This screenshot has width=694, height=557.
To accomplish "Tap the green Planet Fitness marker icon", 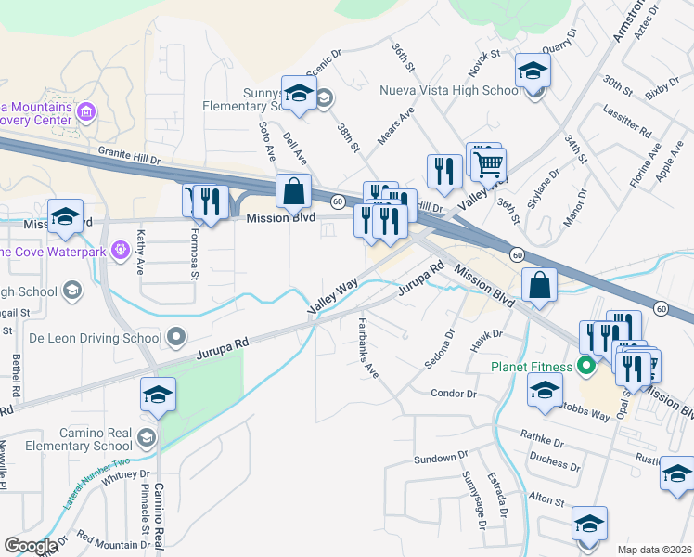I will click(585, 366).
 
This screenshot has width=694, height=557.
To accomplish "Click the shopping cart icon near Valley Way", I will click(488, 164).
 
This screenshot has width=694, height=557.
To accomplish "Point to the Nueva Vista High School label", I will click(451, 91).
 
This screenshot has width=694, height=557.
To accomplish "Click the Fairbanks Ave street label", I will click(368, 347).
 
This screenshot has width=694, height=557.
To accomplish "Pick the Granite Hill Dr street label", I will click(129, 159).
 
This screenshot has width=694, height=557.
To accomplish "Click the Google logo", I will click(31, 546).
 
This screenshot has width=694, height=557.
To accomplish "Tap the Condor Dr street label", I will click(454, 394).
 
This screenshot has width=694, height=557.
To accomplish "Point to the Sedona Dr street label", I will click(441, 348).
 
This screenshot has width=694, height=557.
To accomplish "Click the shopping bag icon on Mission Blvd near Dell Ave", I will click(293, 191).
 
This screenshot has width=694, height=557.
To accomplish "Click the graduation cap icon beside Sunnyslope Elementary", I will click(299, 95).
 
